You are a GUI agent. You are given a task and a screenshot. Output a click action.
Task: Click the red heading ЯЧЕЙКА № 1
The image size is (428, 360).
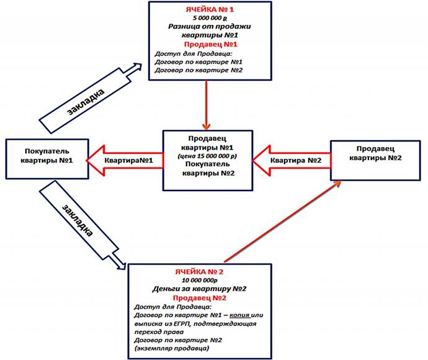(x=210, y=9)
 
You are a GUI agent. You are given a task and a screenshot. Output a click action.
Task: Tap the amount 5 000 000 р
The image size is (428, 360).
(x=210, y=18)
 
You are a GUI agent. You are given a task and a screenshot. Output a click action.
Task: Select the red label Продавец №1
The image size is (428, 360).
(x=210, y=44)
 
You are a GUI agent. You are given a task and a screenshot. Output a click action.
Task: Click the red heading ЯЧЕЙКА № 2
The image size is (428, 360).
(x=199, y=272)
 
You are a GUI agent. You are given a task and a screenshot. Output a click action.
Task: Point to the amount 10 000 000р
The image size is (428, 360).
(x=200, y=281)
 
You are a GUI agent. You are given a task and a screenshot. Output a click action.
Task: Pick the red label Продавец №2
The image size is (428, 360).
(x=200, y=298)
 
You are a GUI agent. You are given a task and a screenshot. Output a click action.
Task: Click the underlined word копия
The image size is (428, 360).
(x=239, y=315)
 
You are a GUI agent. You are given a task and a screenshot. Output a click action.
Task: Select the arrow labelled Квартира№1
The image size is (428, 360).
(x=125, y=160)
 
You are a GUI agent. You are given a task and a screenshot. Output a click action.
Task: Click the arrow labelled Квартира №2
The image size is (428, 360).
(x=292, y=160)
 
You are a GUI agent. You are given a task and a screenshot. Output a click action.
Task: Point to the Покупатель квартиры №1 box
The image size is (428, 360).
(x=47, y=159)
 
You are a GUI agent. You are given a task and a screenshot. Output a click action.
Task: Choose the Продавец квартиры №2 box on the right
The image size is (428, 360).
(x=375, y=160)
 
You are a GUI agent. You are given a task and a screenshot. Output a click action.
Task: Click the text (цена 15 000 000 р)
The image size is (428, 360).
(x=207, y=156)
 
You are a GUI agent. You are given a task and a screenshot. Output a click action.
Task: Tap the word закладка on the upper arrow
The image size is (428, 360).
(x=86, y=102)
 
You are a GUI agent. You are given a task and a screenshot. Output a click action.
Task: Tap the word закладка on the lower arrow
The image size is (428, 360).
(x=78, y=220)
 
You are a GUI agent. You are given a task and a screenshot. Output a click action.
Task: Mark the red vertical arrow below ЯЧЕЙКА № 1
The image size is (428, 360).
(x=207, y=105)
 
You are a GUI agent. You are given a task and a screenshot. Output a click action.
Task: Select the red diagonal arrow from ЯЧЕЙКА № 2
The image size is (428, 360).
(x=282, y=221)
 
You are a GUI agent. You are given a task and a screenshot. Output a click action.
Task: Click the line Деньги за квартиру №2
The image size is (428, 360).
(x=200, y=289)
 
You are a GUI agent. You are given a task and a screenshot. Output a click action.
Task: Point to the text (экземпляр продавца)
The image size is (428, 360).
(x=172, y=348)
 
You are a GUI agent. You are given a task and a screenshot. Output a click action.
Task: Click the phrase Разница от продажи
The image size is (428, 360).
(x=210, y=27)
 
